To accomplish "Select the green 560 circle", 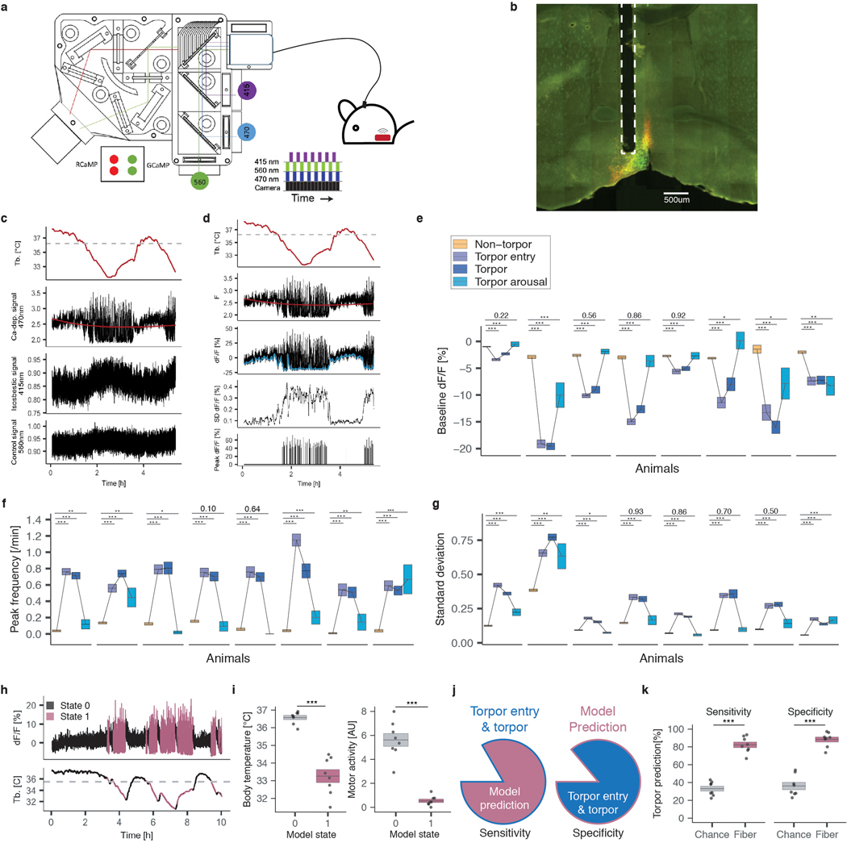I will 202,182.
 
